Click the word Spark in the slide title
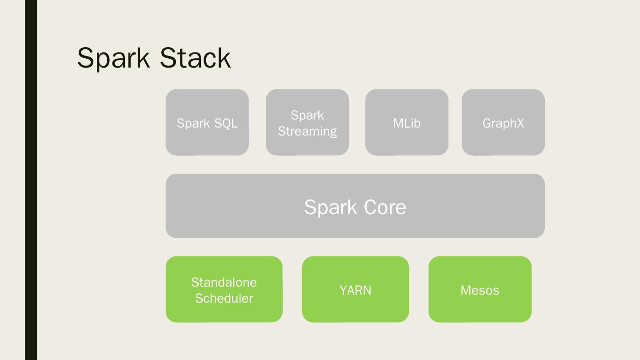point(113,58)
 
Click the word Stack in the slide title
point(195,58)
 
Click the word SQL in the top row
point(223,123)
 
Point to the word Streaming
point(307,132)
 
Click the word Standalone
point(224,282)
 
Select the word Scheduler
point(224,298)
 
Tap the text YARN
point(355,290)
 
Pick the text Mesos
point(480,290)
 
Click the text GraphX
point(503,123)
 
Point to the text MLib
point(407,123)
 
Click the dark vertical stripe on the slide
point(31,180)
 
